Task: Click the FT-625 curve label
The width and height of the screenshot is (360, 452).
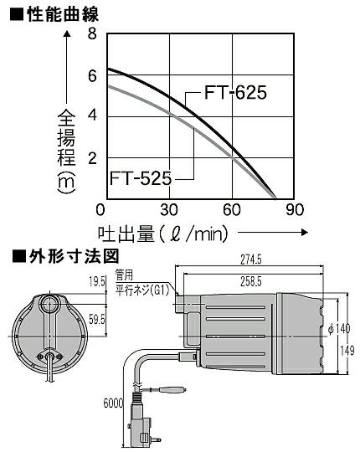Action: tap(235, 93)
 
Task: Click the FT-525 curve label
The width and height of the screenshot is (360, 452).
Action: tap(141, 178)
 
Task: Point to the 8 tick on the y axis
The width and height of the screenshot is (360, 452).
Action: tap(92, 34)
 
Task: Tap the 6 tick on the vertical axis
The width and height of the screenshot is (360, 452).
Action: tap(92, 76)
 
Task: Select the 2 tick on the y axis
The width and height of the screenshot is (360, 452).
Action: tap(92, 158)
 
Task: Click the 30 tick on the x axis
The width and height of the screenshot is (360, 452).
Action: tap(169, 210)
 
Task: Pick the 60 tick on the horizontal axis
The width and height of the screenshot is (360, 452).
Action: tap(232, 210)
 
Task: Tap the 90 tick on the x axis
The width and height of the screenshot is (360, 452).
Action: tap(295, 210)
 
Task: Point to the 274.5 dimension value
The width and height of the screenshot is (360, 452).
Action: tap(251, 260)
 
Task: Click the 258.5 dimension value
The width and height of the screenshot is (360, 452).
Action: tap(251, 281)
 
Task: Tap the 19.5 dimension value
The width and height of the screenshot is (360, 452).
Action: tap(97, 282)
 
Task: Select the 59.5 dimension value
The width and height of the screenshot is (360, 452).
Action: tap(97, 320)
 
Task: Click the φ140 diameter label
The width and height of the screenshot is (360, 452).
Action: tap(340, 329)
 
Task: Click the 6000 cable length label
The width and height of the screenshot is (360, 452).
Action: tap(113, 403)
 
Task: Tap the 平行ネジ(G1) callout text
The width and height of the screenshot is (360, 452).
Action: tap(141, 290)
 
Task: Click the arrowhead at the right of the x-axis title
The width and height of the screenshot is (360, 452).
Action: tap(305, 233)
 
